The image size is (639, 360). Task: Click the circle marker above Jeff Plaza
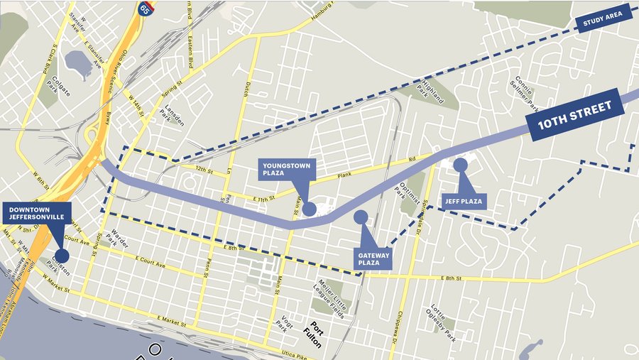click(x=460, y=165)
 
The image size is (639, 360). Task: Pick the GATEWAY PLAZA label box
click(x=374, y=257)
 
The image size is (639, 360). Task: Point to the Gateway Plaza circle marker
click(x=361, y=217)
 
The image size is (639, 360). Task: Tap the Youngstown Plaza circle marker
click(x=309, y=209)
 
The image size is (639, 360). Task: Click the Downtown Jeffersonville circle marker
click(x=62, y=255)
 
